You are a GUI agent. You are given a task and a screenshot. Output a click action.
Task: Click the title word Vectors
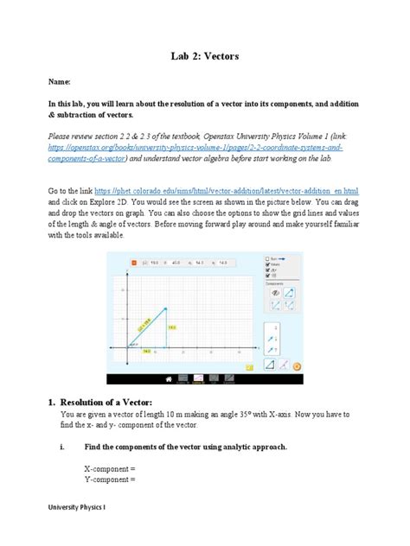pyautogui.click(x=225, y=56)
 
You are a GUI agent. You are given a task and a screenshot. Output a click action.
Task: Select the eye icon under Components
pyautogui.click(x=274, y=294)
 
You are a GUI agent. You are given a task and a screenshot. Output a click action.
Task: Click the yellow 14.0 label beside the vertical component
pyautogui.click(x=171, y=327)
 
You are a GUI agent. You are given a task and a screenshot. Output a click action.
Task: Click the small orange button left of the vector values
pyautogui.click(x=134, y=262)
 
